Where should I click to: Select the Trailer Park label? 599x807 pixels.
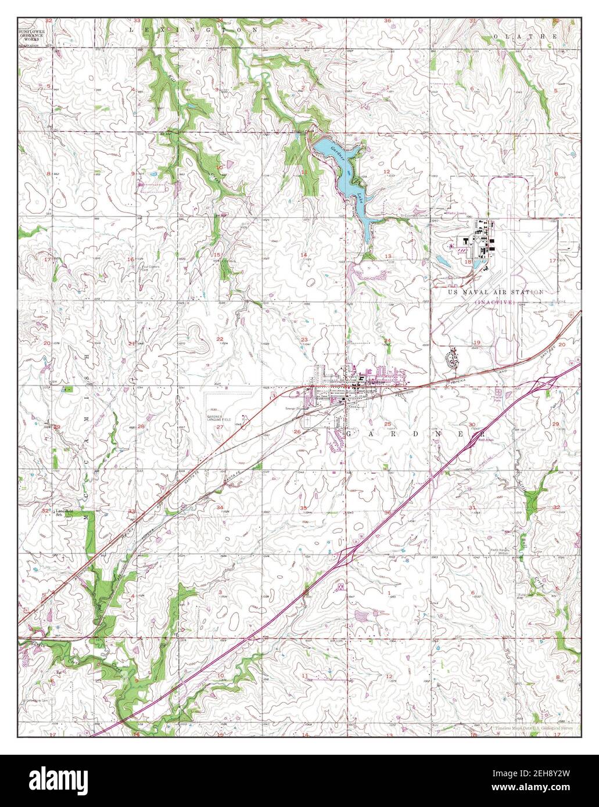pos(497,398)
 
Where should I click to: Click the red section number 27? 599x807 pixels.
pos(220,427)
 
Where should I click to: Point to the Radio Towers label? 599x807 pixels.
pos(456,212)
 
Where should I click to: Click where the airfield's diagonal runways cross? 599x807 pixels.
pos(523,258)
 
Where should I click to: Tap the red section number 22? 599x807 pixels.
pos(220,338)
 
